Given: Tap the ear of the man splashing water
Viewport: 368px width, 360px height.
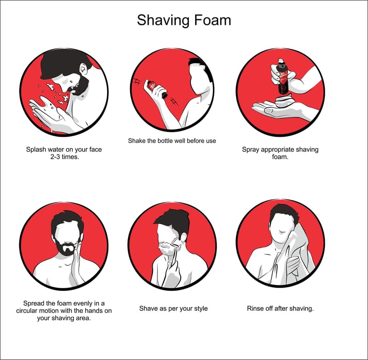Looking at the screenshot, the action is (83, 68).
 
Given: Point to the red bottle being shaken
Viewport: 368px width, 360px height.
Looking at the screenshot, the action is (155, 89).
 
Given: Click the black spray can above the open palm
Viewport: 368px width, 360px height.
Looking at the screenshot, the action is (283, 76).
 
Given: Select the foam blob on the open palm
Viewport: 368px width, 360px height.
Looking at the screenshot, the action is (284, 100).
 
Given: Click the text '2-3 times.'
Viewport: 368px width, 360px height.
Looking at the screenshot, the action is (64, 157).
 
